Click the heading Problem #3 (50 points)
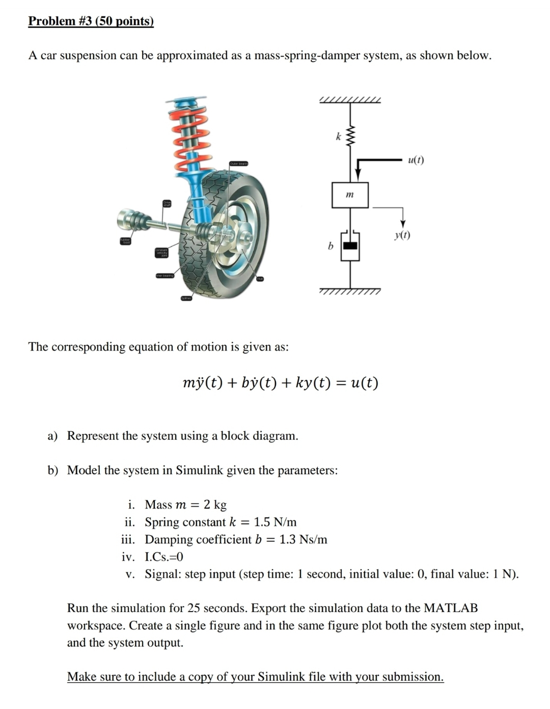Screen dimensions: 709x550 (91, 21)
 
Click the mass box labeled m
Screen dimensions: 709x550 (350, 195)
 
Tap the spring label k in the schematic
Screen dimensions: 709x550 (338, 137)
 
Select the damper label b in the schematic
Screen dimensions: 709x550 (331, 246)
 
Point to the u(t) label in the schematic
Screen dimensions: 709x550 (416, 160)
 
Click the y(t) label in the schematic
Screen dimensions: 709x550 (402, 235)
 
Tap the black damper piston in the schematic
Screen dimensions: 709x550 (350, 246)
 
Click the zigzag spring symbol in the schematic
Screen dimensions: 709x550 (350, 136)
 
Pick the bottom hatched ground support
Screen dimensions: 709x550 (350, 291)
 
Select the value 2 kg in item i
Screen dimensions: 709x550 (215, 505)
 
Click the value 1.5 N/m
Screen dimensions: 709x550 (275, 522)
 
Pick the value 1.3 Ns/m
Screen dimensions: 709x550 (303, 539)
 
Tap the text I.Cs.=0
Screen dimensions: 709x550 (164, 557)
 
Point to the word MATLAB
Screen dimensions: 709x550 (451, 608)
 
